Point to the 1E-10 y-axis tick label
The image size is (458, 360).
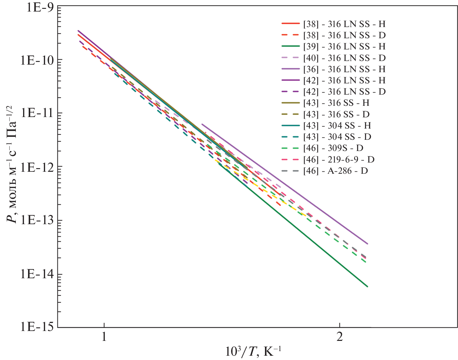pos(37,60)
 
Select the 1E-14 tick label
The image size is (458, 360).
pos(37,274)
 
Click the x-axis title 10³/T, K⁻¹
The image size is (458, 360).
pos(253,351)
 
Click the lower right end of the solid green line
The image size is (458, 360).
pos(367,286)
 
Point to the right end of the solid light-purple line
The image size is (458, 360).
pos(368,244)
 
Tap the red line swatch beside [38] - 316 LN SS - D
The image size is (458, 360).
pos(290,35)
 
